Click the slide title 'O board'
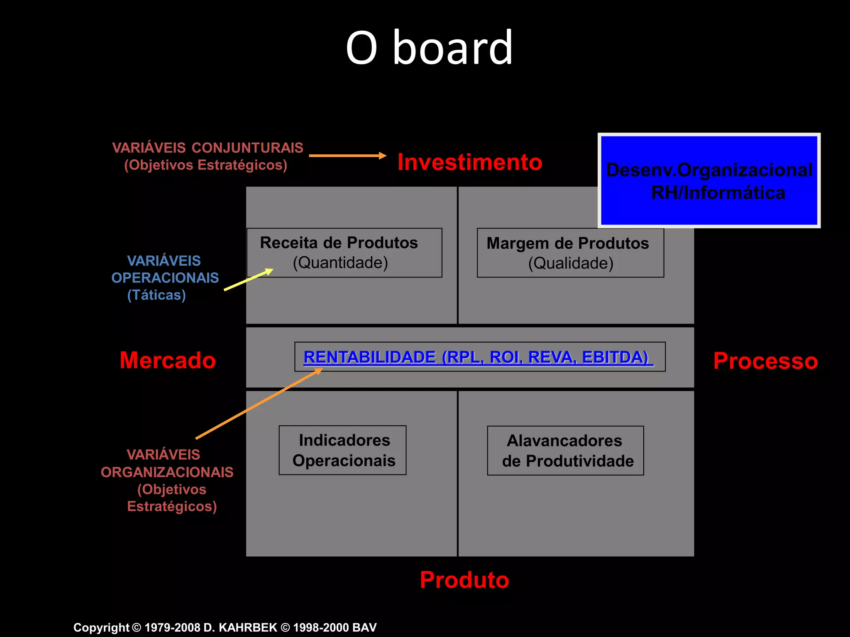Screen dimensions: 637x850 coord(429,48)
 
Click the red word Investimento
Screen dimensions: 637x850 coord(469,162)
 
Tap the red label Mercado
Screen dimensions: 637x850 coord(168,360)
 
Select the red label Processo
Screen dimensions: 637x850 coord(765,361)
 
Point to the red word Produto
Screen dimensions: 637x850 coord(464,579)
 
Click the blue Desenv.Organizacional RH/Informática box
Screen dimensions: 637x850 coord(709,181)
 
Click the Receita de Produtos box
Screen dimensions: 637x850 coord(344,252)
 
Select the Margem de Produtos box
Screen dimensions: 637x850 coord(570,253)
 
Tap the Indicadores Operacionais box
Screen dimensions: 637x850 coord(342,450)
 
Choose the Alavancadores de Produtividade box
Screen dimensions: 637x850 coord(565,450)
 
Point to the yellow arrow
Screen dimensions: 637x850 coord(248,280)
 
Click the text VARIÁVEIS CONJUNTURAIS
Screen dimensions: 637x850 coord(208,148)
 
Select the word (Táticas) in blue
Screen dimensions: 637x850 coord(156,295)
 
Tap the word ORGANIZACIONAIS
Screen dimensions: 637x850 coord(167,472)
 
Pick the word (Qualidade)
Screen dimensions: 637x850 coord(571,263)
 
